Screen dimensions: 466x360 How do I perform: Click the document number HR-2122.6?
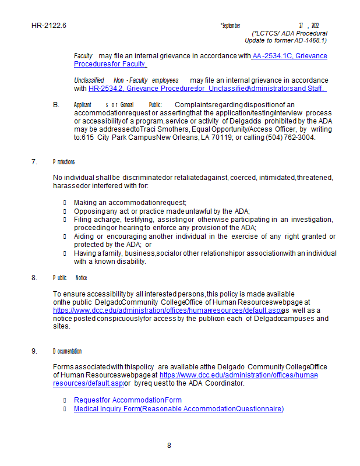[49, 26]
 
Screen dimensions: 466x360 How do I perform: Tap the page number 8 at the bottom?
[169, 446]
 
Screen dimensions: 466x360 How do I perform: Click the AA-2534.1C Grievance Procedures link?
[290, 56]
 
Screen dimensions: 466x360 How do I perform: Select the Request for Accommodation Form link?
[128, 400]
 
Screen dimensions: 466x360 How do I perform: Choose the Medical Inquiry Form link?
[178, 409]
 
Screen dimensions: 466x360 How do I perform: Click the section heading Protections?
[63, 162]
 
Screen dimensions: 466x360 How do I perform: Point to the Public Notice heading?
[70, 278]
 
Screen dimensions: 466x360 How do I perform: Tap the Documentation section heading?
[67, 351]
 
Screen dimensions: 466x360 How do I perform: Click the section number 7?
[34, 162]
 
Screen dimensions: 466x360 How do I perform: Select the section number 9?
[34, 351]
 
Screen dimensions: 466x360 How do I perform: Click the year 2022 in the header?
[315, 26]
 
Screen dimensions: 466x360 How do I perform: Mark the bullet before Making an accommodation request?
[65, 202]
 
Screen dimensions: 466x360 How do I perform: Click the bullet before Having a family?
[65, 253]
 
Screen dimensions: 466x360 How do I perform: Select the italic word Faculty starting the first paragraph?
[83, 56]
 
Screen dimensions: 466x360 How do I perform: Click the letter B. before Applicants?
[56, 105]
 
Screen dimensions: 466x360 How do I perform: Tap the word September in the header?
[230, 26]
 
